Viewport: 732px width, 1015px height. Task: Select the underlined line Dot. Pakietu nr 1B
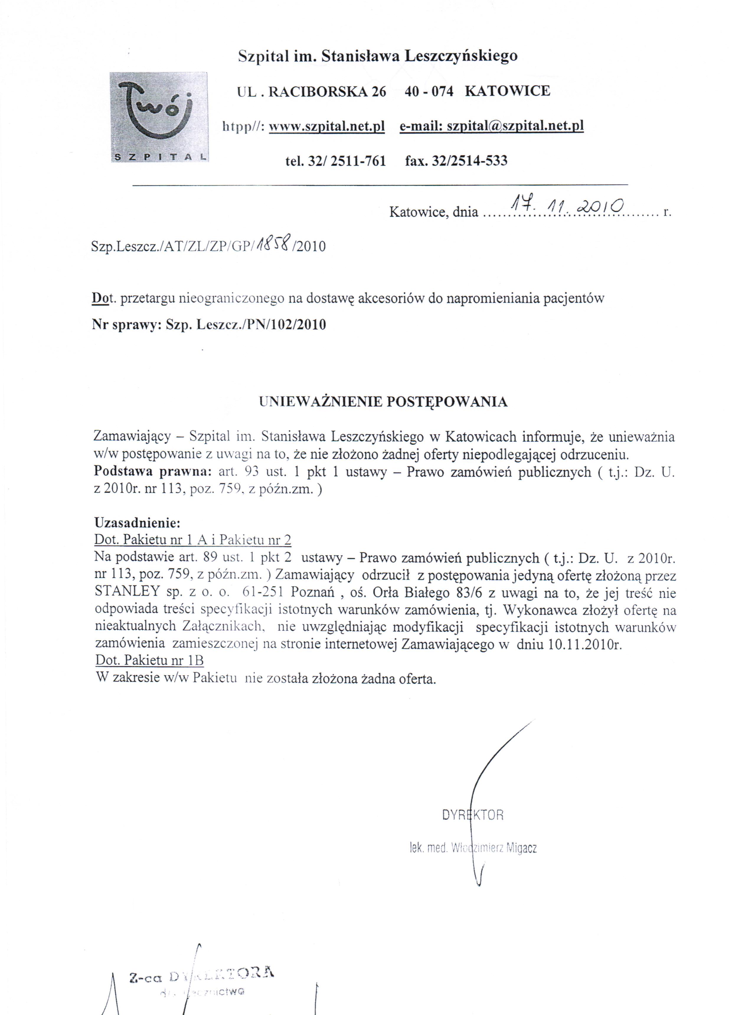(x=150, y=661)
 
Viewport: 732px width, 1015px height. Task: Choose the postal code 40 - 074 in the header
(x=429, y=91)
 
